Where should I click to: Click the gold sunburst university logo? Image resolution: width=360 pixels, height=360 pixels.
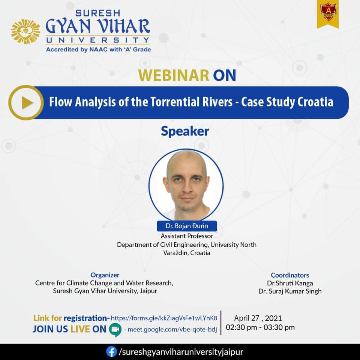click(25, 31)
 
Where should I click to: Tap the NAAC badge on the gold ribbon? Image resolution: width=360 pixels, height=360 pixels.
click(328, 12)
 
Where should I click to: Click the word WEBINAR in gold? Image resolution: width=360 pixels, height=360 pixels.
click(174, 75)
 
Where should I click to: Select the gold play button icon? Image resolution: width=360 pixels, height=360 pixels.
click(26, 103)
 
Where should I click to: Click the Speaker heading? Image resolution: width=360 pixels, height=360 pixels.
click(185, 132)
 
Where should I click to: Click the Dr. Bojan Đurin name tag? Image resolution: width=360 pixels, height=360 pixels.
click(187, 226)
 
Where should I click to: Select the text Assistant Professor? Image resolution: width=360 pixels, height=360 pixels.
click(187, 236)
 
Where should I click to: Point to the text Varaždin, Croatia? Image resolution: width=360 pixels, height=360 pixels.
click(187, 253)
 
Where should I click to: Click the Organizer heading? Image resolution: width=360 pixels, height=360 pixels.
click(105, 275)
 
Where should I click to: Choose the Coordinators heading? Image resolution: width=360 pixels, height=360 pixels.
click(290, 275)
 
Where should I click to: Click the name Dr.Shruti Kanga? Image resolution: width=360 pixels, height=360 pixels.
click(290, 283)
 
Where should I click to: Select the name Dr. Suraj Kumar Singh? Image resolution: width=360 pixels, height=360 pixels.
click(290, 291)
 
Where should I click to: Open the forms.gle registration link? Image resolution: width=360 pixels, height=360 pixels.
click(164, 318)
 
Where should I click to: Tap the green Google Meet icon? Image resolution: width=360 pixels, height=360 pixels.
click(115, 330)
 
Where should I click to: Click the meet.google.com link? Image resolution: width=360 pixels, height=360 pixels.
click(172, 330)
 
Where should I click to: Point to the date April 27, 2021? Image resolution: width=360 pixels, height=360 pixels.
click(258, 318)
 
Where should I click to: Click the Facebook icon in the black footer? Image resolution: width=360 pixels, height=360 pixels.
click(112, 352)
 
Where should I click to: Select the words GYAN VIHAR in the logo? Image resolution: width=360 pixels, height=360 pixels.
click(98, 26)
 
